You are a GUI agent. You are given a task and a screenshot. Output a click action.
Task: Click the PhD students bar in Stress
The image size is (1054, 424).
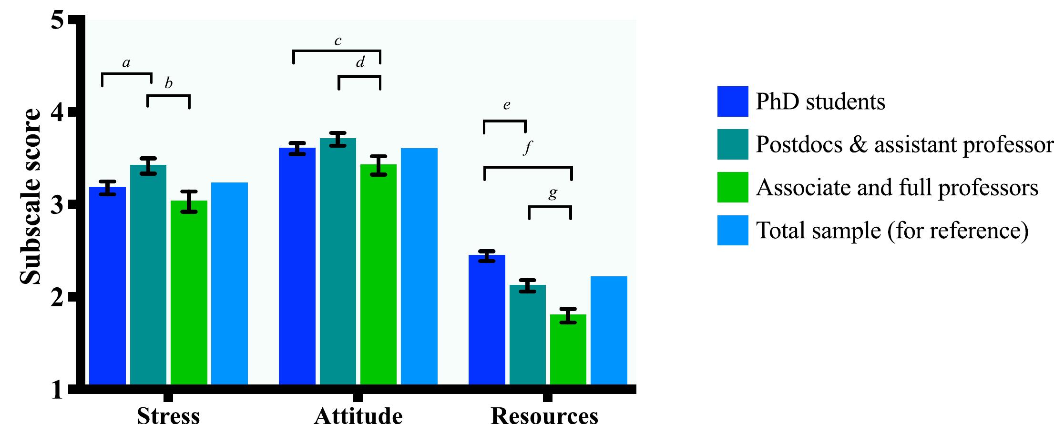107,286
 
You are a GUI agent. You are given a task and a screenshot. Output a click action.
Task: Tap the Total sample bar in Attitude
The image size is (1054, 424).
419,267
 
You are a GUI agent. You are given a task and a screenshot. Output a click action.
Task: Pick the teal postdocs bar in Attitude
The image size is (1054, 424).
338,262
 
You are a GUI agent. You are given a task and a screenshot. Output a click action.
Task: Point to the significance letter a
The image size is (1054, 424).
126,63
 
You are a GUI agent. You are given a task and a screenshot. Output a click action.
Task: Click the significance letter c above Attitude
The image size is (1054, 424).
338,41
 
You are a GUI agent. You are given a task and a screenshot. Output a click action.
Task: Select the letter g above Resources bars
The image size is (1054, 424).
553,192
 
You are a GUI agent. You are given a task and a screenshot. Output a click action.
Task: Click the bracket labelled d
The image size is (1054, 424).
359,77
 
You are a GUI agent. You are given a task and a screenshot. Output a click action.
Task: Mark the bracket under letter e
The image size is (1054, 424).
505,121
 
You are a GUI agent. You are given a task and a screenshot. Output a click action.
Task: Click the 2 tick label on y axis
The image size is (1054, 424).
57,298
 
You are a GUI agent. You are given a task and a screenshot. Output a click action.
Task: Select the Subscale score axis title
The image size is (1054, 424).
31,196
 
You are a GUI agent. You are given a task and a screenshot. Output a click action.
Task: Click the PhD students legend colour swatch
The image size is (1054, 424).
732,101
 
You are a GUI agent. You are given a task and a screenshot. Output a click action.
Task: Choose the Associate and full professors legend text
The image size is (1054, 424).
897,188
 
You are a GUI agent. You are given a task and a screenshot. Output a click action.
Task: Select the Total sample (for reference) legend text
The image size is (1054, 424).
892,231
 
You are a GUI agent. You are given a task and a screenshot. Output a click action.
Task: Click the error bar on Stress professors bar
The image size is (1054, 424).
189,201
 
